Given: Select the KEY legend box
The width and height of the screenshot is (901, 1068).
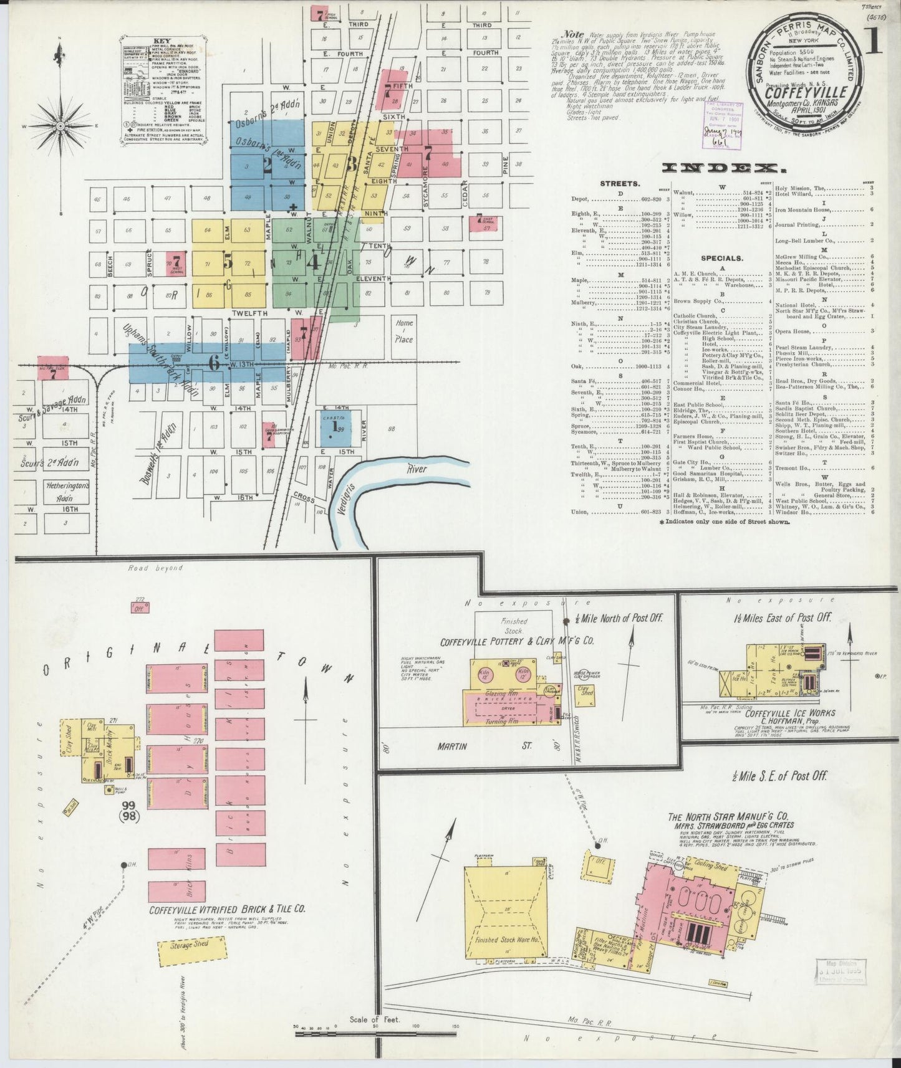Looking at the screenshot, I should [x=164, y=93].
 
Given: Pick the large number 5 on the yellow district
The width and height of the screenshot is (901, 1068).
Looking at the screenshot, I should [x=228, y=263].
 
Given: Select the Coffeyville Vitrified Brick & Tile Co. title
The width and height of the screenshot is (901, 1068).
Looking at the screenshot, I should [x=227, y=909].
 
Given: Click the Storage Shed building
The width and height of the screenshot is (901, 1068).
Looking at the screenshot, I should [x=190, y=962].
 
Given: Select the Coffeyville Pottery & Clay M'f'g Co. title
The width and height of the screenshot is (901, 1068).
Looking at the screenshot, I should [x=517, y=641].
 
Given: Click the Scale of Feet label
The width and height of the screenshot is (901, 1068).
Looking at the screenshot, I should [x=374, y=1020].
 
